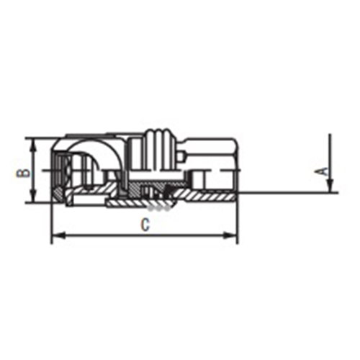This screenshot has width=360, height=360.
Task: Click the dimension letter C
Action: click(145, 225)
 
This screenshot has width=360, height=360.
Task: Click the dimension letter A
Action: click(324, 172)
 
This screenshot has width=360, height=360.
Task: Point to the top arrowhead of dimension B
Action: click(34, 145)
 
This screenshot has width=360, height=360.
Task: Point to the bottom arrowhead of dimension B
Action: click(34, 197)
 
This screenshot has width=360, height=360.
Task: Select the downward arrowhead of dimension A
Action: click(330, 186)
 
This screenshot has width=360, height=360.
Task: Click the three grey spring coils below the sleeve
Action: click(159, 209)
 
